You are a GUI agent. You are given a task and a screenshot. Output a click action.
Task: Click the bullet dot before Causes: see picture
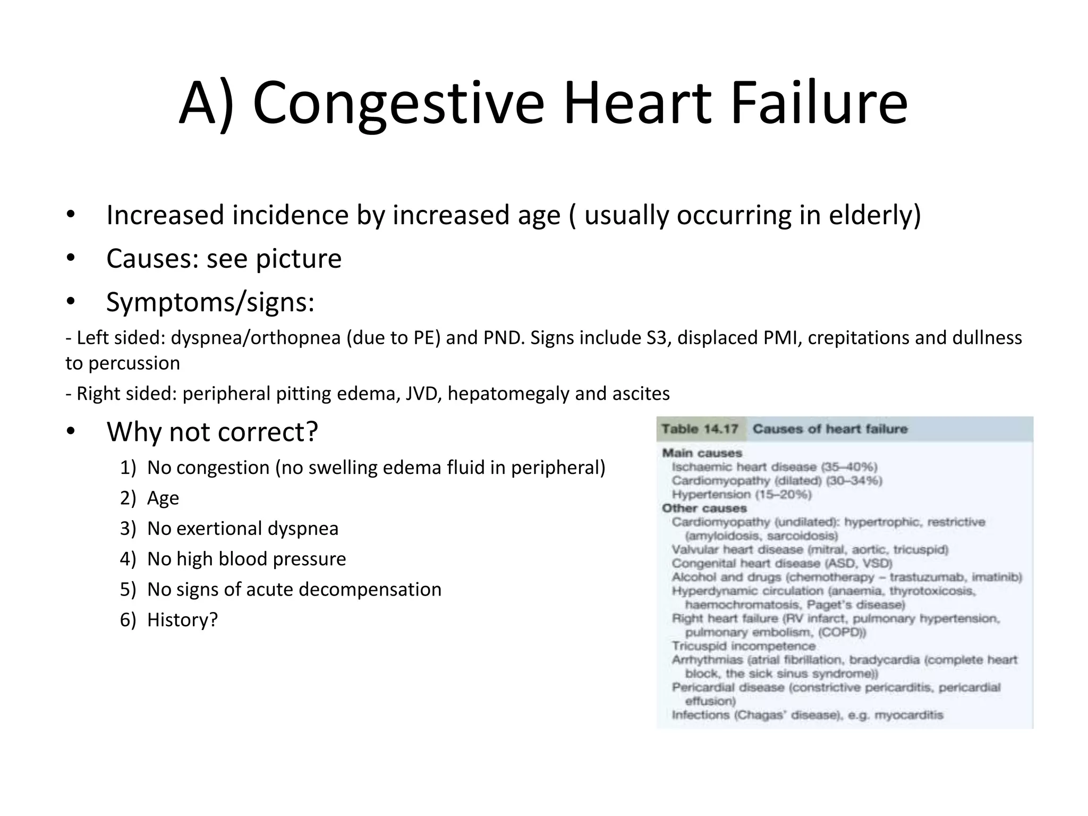(x=71, y=258)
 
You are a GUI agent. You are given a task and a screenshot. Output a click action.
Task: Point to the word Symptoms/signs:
(x=210, y=302)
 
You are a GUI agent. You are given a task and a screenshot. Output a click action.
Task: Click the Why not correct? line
(x=212, y=431)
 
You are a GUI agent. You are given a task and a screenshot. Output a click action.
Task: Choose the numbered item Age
(x=163, y=498)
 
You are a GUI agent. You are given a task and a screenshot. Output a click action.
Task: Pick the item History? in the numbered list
(x=182, y=620)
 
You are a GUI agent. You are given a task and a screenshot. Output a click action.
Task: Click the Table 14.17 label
(x=700, y=429)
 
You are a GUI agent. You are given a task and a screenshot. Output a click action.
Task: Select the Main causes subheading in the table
(x=702, y=453)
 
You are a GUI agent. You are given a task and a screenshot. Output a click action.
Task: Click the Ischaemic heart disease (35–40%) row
(x=774, y=467)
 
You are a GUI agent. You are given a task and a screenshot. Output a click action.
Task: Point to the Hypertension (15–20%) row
(x=741, y=495)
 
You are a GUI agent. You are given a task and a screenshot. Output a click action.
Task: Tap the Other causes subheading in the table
(x=704, y=508)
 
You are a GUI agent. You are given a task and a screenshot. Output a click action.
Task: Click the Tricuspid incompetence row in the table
(x=743, y=647)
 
